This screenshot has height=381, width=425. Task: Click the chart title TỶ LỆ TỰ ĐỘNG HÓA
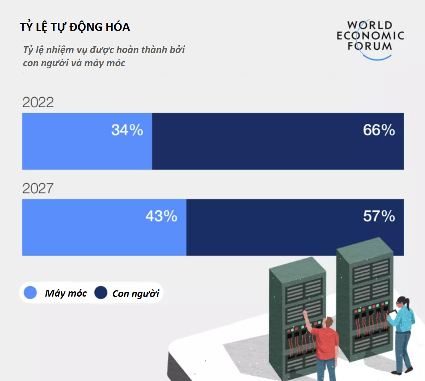tap(75, 27)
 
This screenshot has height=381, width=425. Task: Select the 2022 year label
tap(38, 102)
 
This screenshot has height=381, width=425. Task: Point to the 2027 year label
tap(38, 188)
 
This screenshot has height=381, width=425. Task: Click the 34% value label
tap(127, 130)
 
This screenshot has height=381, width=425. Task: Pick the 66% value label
tap(379, 130)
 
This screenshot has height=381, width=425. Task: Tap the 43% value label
tap(161, 216)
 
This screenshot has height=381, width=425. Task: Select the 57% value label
tap(379, 216)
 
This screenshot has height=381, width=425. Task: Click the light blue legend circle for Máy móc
tap(30, 293)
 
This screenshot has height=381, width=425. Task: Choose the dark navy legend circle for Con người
tap(101, 293)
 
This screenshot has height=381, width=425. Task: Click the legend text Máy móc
tap(66, 293)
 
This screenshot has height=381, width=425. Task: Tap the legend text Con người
tap(136, 293)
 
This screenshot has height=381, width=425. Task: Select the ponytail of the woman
tap(408, 302)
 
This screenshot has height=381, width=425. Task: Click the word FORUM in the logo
tap(370, 46)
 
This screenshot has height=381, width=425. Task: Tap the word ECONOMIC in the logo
tap(370, 36)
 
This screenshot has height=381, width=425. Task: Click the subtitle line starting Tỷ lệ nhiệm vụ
tap(104, 50)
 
